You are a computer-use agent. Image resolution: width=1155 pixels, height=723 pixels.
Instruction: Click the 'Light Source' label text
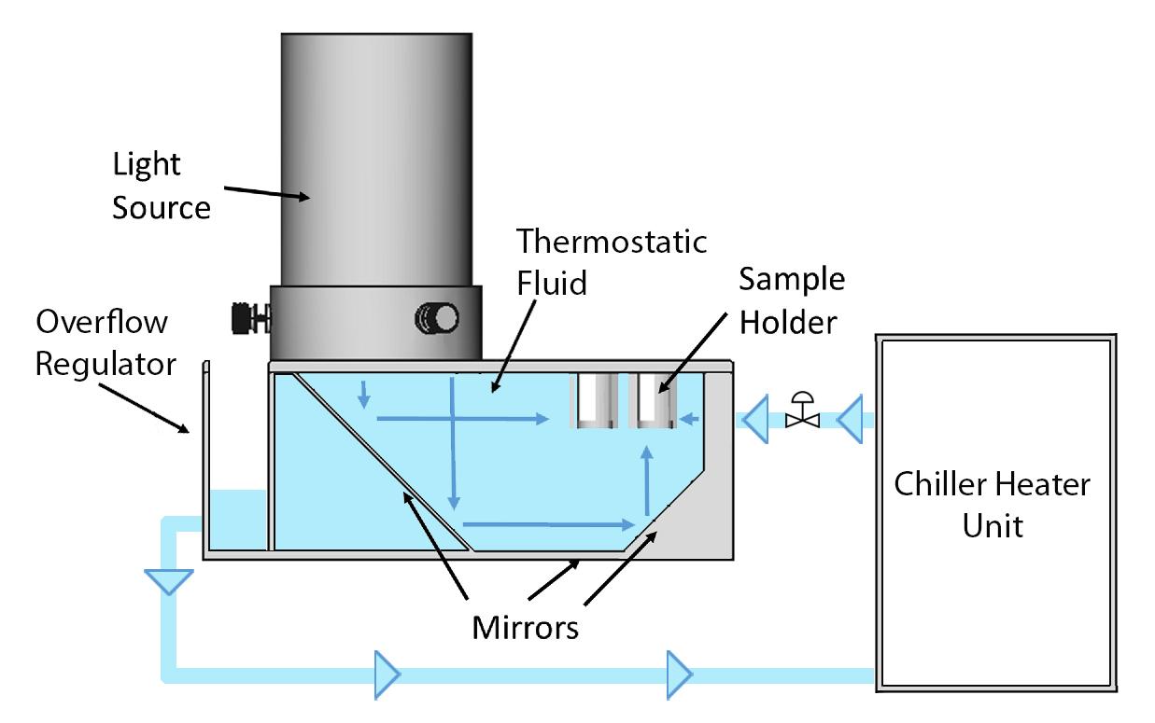tap(161, 187)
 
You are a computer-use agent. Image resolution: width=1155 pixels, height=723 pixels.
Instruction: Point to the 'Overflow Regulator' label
tap(105, 341)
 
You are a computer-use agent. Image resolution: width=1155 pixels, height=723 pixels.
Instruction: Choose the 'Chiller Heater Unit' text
tap(992, 505)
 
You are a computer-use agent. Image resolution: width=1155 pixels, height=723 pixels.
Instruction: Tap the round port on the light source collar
tap(438, 319)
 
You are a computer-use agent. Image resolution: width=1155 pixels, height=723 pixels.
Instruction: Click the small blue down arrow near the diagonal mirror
tap(364, 396)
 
